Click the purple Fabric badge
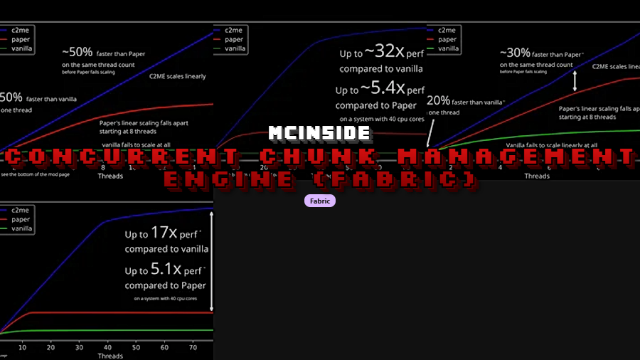[x=319, y=201]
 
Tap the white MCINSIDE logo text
[x=319, y=133]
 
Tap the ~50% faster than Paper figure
[x=78, y=52]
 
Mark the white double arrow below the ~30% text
[x=575, y=80]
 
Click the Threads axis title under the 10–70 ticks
[x=110, y=355]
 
